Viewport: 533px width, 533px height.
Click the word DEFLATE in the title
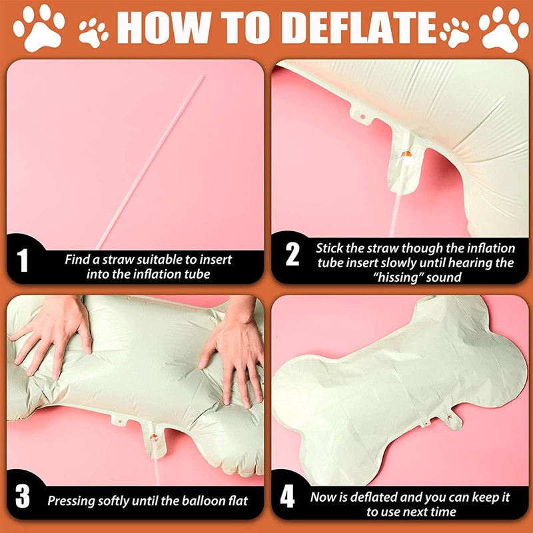[x=364, y=27]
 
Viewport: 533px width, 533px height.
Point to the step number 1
[x=23, y=261]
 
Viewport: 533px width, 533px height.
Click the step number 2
[x=292, y=255]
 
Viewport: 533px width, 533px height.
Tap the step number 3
[x=23, y=497]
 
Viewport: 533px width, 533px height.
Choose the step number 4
[x=287, y=497]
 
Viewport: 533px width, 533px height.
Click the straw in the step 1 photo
[x=150, y=163]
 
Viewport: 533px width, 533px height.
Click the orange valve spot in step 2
[x=406, y=154]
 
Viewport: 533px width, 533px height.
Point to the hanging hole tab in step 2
[x=362, y=116]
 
